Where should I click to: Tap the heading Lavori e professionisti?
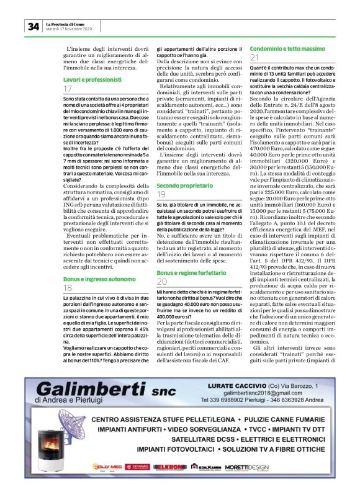[92, 80]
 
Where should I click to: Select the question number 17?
[68, 89]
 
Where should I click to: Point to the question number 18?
[68, 271]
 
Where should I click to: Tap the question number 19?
[161, 195]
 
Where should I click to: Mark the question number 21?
[254, 58]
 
